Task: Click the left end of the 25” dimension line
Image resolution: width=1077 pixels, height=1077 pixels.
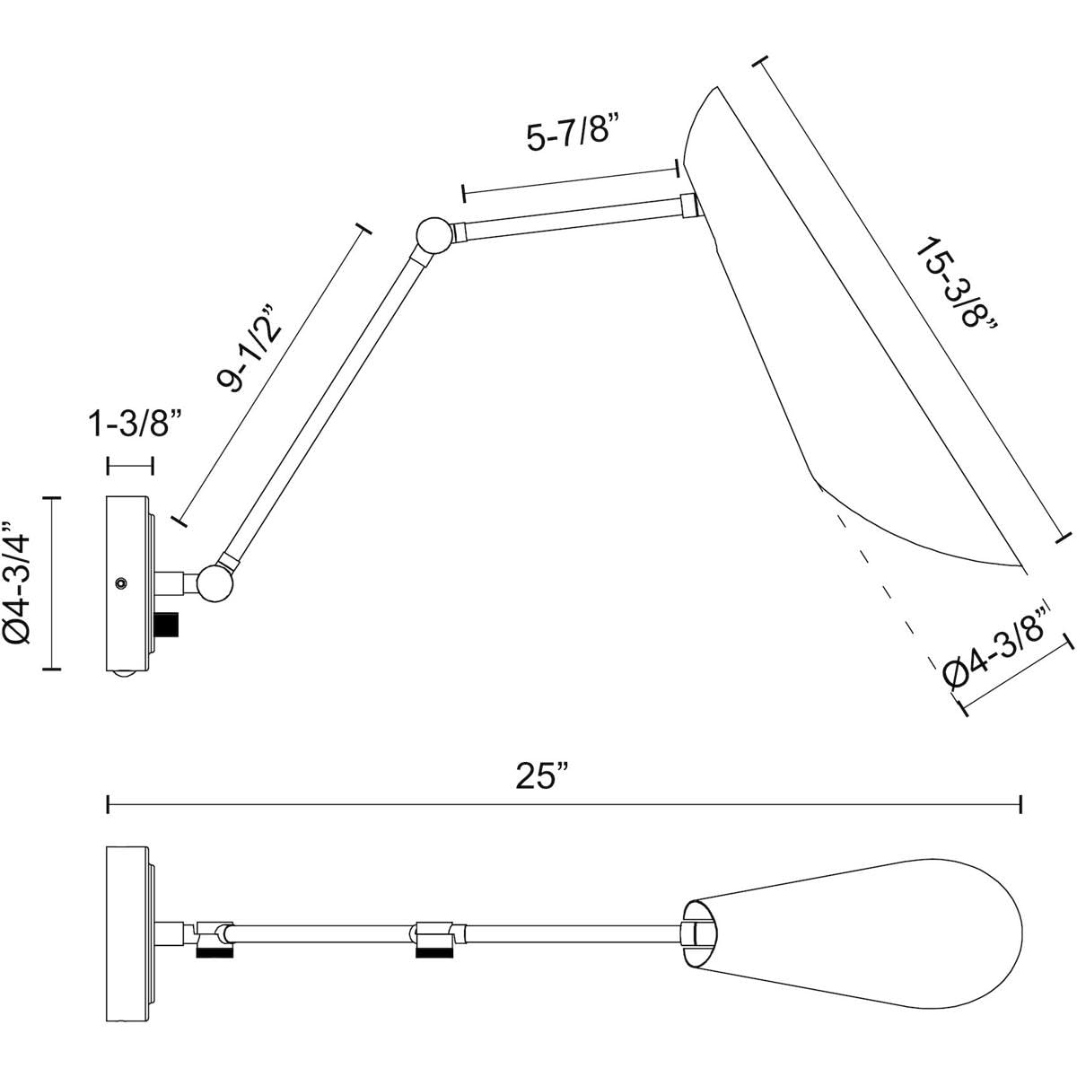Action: (108, 805)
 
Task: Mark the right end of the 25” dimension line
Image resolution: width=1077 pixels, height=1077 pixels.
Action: (1021, 805)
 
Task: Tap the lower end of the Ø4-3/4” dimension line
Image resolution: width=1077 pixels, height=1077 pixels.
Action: (51, 668)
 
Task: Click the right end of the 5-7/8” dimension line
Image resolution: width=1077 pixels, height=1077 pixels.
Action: (678, 168)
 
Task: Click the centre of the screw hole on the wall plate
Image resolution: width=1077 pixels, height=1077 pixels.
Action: (120, 583)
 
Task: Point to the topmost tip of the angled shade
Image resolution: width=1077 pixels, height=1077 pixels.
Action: (717, 87)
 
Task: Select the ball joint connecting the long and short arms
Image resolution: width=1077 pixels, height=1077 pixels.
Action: (434, 235)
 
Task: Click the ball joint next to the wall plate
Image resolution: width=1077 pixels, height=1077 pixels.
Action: (215, 583)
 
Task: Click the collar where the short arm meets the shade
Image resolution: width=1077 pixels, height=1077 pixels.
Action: (688, 206)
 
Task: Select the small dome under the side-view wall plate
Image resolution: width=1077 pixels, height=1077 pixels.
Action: (125, 673)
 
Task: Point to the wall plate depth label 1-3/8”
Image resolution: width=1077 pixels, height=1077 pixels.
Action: (135, 424)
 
